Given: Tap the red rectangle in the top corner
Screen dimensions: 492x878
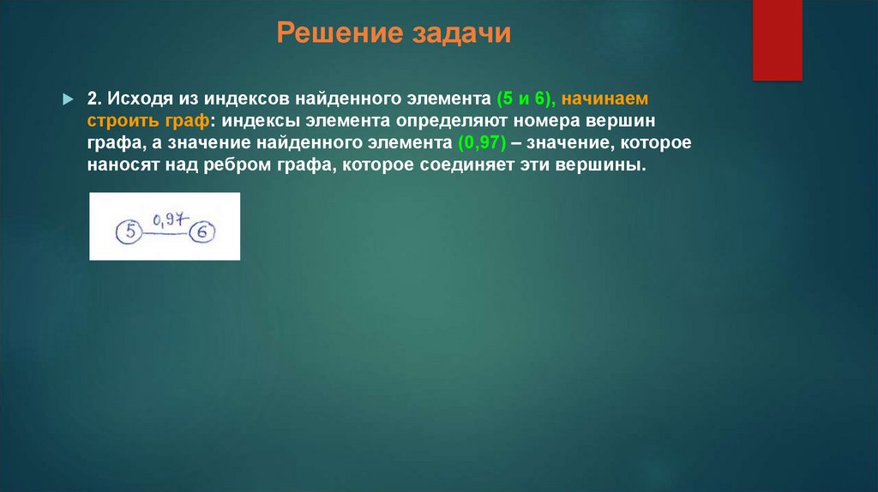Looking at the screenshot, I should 777,39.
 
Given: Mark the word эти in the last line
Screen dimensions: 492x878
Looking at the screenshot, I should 537,165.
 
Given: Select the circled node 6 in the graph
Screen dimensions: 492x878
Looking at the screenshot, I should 202,231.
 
